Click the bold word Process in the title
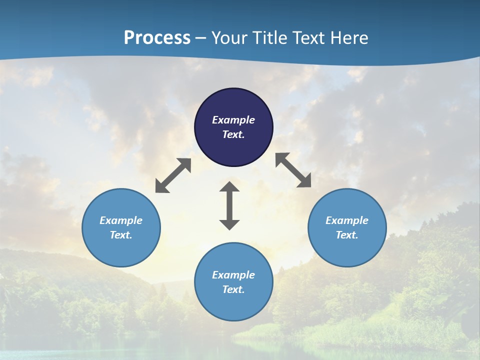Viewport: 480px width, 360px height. coord(157,38)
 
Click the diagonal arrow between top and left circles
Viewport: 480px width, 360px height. coord(173,175)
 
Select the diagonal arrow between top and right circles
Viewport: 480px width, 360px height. coord(293,170)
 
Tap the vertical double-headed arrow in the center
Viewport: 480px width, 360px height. coord(229,205)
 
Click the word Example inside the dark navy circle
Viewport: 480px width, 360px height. coord(233,120)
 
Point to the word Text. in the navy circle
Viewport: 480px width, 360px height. coord(233,134)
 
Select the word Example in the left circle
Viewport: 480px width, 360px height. coord(121,220)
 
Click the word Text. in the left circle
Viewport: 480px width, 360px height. coord(121,235)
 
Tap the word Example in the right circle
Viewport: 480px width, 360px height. coord(347,220)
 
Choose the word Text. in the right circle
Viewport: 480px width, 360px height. coord(347,235)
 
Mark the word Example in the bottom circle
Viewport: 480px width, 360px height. coord(233,275)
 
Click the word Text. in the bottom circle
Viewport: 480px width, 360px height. coord(233,289)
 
